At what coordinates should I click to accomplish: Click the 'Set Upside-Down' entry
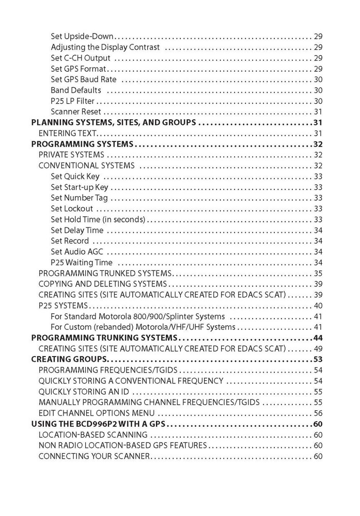point(82,37)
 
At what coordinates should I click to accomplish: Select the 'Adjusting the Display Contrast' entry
point(105,47)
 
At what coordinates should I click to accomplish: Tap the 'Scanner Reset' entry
point(76,112)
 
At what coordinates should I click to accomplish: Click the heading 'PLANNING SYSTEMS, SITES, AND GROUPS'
point(113,123)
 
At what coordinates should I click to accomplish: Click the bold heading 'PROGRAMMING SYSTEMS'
point(82,144)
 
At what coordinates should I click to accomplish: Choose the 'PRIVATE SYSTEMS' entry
point(71,155)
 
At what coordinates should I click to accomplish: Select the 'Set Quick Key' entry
point(75,176)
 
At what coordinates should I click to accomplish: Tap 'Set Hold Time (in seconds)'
point(98,219)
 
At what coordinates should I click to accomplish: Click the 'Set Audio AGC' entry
point(77,252)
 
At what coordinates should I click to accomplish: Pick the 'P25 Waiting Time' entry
point(81,263)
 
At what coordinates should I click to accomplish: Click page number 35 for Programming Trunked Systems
point(318,273)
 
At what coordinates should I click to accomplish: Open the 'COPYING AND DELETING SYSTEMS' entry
point(102,284)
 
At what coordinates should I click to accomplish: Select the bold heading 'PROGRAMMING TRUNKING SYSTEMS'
point(104,338)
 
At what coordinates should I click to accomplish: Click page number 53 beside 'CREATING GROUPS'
point(318,359)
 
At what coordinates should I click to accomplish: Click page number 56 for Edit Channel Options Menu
point(318,413)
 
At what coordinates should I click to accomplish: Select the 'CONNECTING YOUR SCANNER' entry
point(94,456)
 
